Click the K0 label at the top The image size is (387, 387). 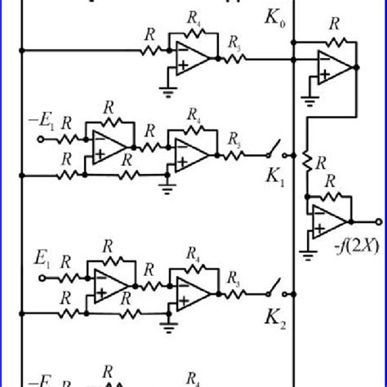point(274,16)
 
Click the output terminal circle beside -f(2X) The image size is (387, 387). point(377,221)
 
